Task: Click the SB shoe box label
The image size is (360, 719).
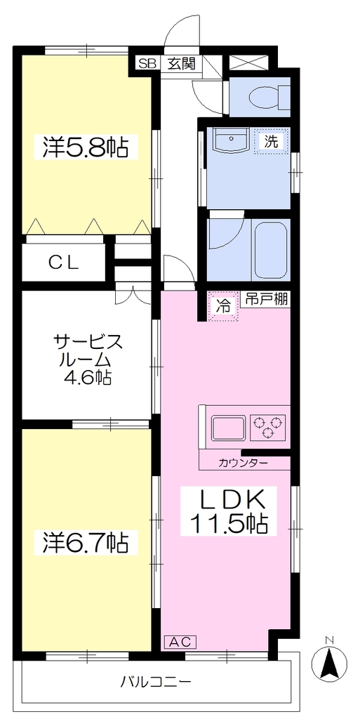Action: (x=147, y=63)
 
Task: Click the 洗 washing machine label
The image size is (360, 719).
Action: (x=272, y=142)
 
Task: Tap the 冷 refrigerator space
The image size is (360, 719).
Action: (x=223, y=307)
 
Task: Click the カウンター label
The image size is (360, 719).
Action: (x=244, y=463)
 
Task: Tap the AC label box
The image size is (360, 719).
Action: (x=180, y=641)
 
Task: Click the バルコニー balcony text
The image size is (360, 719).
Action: (x=156, y=681)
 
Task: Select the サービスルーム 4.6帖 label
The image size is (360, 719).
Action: (x=87, y=359)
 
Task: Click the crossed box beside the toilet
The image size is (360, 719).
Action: (x=248, y=62)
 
